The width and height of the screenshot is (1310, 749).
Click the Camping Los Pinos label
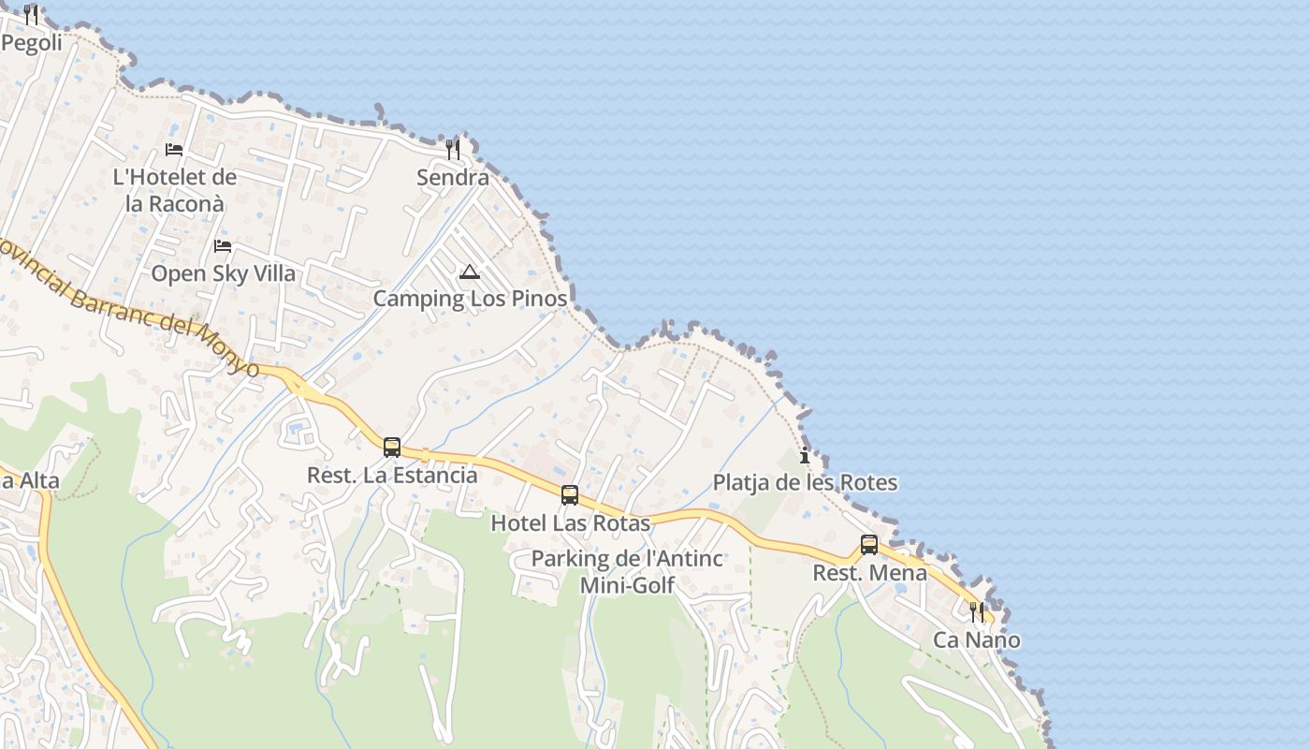point(470,299)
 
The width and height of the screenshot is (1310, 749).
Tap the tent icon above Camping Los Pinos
point(470,272)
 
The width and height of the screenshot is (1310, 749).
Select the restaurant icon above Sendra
point(453,150)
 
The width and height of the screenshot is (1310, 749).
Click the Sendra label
point(453,178)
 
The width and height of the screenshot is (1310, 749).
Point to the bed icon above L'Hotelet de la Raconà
point(174,149)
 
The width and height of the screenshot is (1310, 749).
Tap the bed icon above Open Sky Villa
point(223,246)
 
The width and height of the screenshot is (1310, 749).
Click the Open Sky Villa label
point(223,273)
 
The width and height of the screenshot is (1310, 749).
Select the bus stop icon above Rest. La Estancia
point(392,448)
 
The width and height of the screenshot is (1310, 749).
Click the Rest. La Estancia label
point(392,475)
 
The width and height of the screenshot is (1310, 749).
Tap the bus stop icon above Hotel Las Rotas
point(570,495)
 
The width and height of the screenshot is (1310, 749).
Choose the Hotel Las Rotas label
point(570,522)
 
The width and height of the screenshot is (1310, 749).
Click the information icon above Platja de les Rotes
point(805,456)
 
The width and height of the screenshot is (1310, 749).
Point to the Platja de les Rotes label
point(805,483)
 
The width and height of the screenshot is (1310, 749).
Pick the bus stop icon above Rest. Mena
point(869,545)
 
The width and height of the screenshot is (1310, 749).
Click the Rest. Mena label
point(869,572)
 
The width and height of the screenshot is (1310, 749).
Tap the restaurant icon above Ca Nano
point(977,612)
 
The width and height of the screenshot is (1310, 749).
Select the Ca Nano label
point(977,640)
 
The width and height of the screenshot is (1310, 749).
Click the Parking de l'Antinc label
point(627,559)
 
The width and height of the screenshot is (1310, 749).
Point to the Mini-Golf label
point(627,586)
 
